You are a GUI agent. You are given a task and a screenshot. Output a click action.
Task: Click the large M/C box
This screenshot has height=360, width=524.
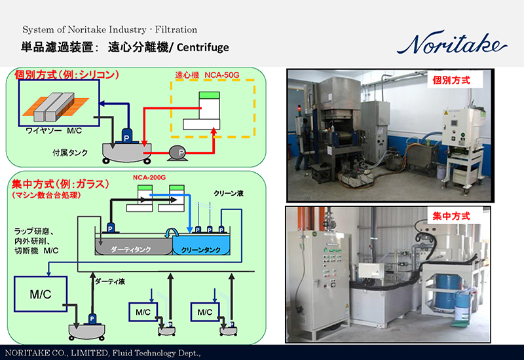[x=41, y=295]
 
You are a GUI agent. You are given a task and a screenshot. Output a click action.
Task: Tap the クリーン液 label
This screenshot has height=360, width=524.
[x=229, y=194]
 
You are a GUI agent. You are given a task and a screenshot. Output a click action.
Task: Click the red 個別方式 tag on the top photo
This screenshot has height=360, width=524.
[x=451, y=81]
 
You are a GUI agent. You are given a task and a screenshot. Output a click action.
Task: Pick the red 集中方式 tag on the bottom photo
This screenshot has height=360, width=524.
[x=450, y=215]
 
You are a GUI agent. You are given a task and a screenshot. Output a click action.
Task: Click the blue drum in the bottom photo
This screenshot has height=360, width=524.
[x=449, y=288]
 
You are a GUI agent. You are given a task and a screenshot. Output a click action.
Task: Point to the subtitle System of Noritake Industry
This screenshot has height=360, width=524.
[x=109, y=29]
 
